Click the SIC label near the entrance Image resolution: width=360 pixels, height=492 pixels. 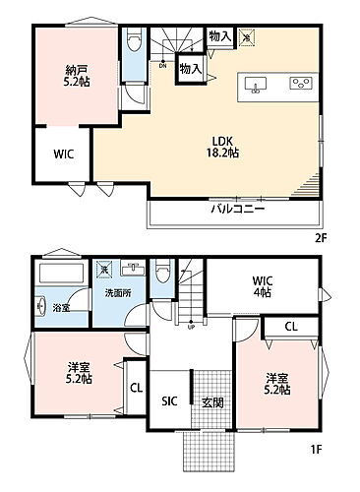[x=168, y=400]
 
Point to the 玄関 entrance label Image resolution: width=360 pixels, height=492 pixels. [x=212, y=400]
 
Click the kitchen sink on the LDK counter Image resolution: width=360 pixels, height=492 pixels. [x=255, y=84]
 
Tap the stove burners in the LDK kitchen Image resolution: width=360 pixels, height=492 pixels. [x=296, y=84]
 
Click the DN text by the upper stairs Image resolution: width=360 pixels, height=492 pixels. [x=162, y=65]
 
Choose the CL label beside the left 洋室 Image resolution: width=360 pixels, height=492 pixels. [x=136, y=387]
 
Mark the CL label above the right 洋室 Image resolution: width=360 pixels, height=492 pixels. [x=292, y=327]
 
